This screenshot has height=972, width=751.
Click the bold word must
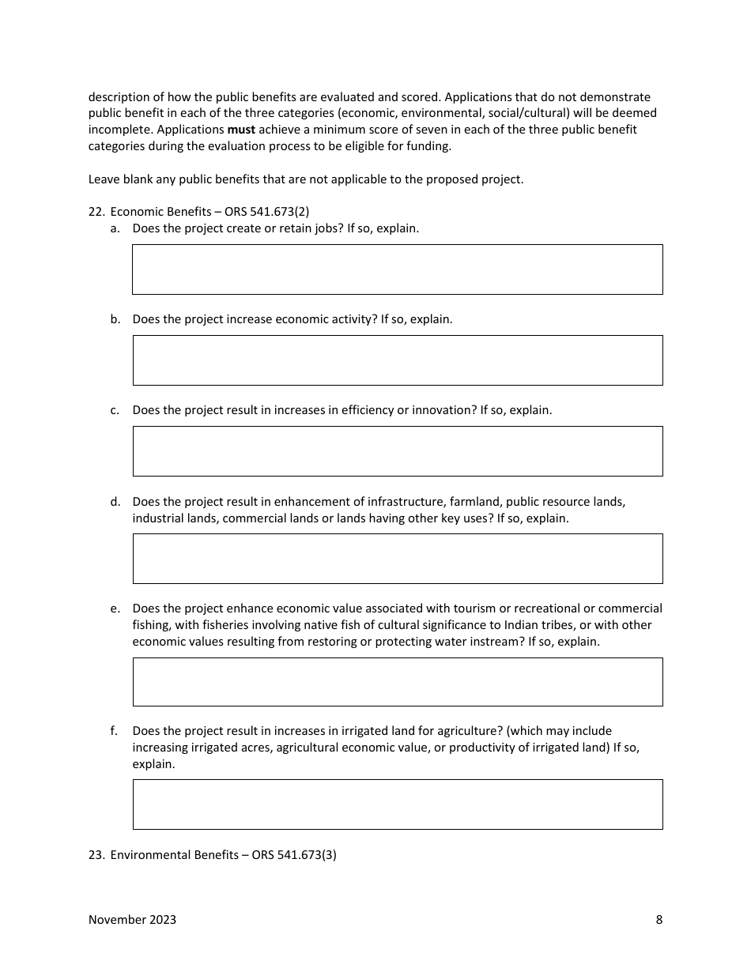[x=241, y=130]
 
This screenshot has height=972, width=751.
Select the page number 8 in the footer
[x=659, y=919]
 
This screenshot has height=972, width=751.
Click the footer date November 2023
[x=132, y=919]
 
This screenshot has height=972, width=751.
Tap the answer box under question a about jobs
[x=397, y=269]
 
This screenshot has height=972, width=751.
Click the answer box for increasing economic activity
[x=397, y=360]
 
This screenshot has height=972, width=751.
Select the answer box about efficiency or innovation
[x=397, y=451]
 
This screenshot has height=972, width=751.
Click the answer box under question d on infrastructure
[x=397, y=559]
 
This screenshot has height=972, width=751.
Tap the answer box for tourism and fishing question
[x=397, y=682]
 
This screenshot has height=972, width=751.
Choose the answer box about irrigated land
[x=397, y=804]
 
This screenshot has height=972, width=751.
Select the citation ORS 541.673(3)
[x=294, y=854]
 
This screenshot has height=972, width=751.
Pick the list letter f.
[x=115, y=731]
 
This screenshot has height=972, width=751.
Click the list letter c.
[x=115, y=410]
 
